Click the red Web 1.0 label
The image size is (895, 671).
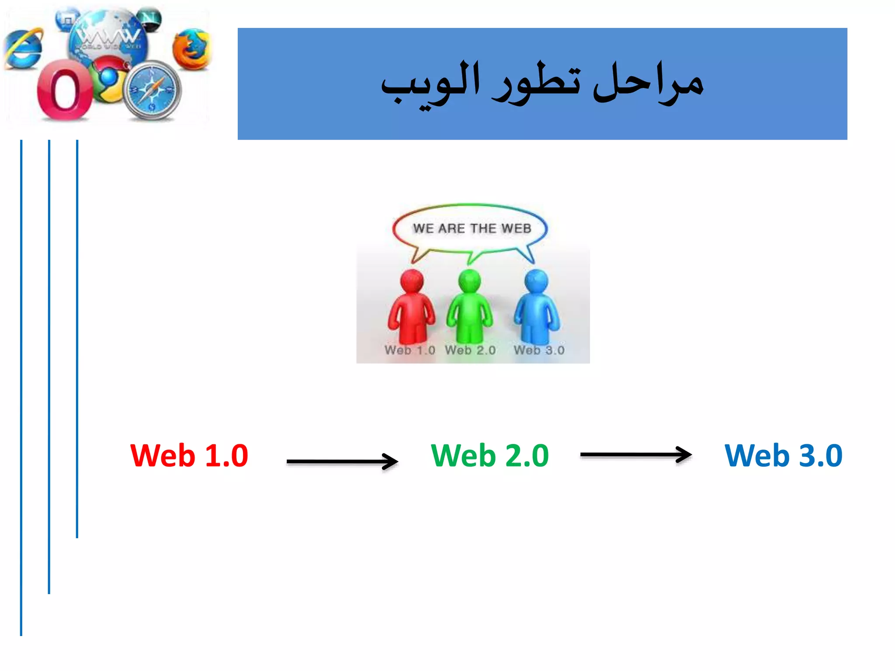pyautogui.click(x=189, y=456)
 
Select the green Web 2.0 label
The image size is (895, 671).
pyautogui.click(x=489, y=456)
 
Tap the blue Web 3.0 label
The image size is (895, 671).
pyautogui.click(x=783, y=456)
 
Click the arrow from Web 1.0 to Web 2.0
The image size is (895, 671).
pyautogui.click(x=342, y=461)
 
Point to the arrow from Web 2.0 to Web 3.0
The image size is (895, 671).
pyautogui.click(x=635, y=455)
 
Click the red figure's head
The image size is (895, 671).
pyautogui.click(x=412, y=281)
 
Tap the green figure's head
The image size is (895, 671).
pyautogui.click(x=469, y=281)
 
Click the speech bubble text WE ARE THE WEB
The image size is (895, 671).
pyautogui.click(x=472, y=228)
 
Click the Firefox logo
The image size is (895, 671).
pyautogui.click(x=191, y=49)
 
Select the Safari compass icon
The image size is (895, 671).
pyautogui.click(x=153, y=91)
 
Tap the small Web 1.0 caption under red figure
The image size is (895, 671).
pyautogui.click(x=410, y=350)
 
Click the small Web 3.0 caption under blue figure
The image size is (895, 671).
pyautogui.click(x=539, y=350)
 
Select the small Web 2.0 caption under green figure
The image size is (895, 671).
pyautogui.click(x=470, y=350)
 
